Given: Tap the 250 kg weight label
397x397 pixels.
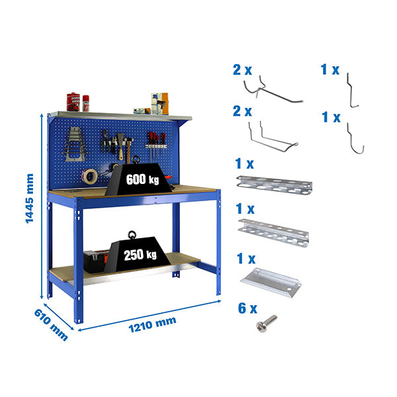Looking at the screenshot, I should click(141, 253).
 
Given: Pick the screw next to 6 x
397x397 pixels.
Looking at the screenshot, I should click(267, 324).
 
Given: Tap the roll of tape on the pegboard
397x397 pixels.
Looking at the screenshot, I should click(89, 175).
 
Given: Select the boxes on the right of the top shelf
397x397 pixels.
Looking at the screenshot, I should click(159, 103).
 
